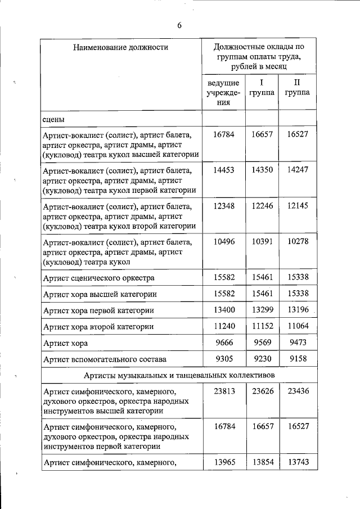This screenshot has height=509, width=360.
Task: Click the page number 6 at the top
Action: [x=179, y=25]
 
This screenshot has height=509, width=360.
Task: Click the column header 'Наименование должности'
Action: [x=121, y=47]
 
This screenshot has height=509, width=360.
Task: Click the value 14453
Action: [x=223, y=169]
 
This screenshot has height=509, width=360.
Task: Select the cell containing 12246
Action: [x=262, y=206]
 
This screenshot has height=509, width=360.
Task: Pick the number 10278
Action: [x=297, y=242]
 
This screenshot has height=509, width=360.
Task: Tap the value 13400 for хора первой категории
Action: [x=223, y=310]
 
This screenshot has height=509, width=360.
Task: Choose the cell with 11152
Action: [x=262, y=326]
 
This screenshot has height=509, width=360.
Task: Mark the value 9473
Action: [x=297, y=342]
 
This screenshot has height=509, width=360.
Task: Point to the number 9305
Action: [x=223, y=358]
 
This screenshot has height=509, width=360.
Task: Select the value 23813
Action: [x=223, y=390]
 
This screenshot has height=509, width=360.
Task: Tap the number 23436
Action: [x=297, y=390]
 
